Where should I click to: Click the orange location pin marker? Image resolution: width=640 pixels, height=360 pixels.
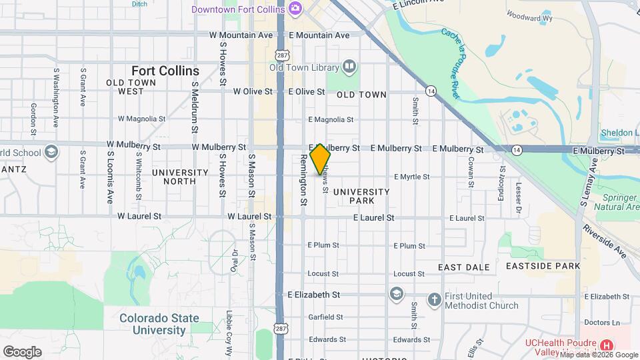[x=320, y=159]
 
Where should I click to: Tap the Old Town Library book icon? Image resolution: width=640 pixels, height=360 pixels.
[x=349, y=66]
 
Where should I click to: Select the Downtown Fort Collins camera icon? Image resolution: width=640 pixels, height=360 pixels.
[x=295, y=9]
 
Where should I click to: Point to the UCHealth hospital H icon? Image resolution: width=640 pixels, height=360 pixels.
[x=607, y=345]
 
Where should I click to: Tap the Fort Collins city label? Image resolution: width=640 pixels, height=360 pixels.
[x=165, y=71]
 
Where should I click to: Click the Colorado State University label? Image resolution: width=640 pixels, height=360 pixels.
[x=153, y=324]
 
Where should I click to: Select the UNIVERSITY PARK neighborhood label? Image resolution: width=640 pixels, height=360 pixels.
[x=362, y=196]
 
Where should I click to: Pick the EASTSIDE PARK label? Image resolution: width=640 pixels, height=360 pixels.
[x=543, y=266]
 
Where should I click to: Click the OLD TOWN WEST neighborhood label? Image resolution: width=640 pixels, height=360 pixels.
[x=131, y=87]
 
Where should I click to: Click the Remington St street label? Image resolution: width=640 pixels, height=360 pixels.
[x=303, y=179]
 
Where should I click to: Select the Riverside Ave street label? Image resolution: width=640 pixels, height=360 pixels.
[x=604, y=240]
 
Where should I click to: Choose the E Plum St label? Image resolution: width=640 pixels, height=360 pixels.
[x=324, y=245]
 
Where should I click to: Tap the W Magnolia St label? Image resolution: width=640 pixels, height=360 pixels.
[x=141, y=119]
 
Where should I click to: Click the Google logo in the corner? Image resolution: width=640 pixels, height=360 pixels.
[x=22, y=351]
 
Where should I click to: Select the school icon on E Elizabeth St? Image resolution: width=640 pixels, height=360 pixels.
[x=397, y=294]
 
